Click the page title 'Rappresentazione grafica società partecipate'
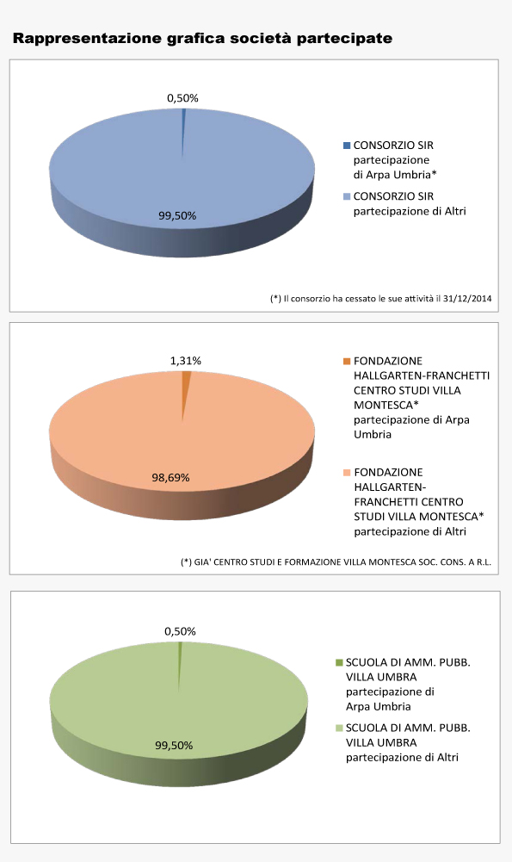pos(202,39)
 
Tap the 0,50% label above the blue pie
pos(182,98)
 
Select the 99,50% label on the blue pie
pos(177,215)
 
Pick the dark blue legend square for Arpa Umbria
pos(346,146)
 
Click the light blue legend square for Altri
pos(346,197)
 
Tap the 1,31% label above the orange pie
pos(185,361)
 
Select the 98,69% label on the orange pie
pos(170,477)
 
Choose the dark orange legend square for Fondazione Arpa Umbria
pos(346,361)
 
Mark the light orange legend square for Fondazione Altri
pos(346,473)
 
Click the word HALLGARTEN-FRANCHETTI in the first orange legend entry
pos(422,375)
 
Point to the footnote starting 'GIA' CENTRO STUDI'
pos(336,562)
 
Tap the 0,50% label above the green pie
pos(180,631)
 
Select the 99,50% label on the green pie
pos(174,745)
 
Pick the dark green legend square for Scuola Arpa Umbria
pos(338,662)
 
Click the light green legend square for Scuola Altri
pos(338,729)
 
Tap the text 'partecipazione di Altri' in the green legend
pos(402,758)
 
